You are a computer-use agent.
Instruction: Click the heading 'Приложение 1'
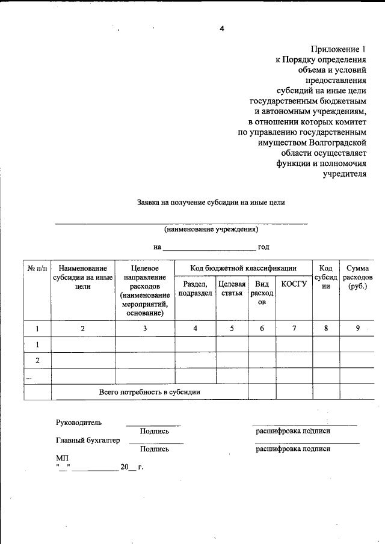(338, 49)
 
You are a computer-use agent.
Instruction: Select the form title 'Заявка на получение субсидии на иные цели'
(211, 203)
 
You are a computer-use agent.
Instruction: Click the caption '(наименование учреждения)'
(211, 230)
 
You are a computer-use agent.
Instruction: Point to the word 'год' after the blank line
(263, 246)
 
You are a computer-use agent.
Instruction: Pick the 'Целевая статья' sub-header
(232, 289)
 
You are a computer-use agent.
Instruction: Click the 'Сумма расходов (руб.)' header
(357, 277)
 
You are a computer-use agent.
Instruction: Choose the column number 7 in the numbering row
(294, 328)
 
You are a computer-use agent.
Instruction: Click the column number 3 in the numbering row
(144, 328)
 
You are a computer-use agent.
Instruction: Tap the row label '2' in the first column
(37, 360)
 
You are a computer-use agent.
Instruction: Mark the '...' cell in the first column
(29, 376)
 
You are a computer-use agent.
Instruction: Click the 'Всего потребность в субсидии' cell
(150, 392)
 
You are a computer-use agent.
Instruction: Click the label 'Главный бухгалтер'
(88, 440)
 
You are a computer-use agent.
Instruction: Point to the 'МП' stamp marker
(61, 457)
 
